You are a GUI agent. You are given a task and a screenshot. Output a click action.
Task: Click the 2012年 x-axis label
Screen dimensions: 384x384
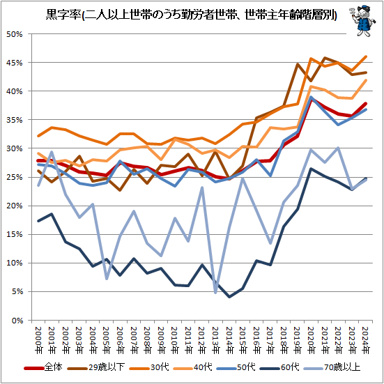(202, 337)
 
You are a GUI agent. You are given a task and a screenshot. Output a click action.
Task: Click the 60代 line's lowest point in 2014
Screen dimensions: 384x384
(229, 297)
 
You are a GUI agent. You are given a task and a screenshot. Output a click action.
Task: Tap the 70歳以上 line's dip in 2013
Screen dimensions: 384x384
(216, 293)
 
